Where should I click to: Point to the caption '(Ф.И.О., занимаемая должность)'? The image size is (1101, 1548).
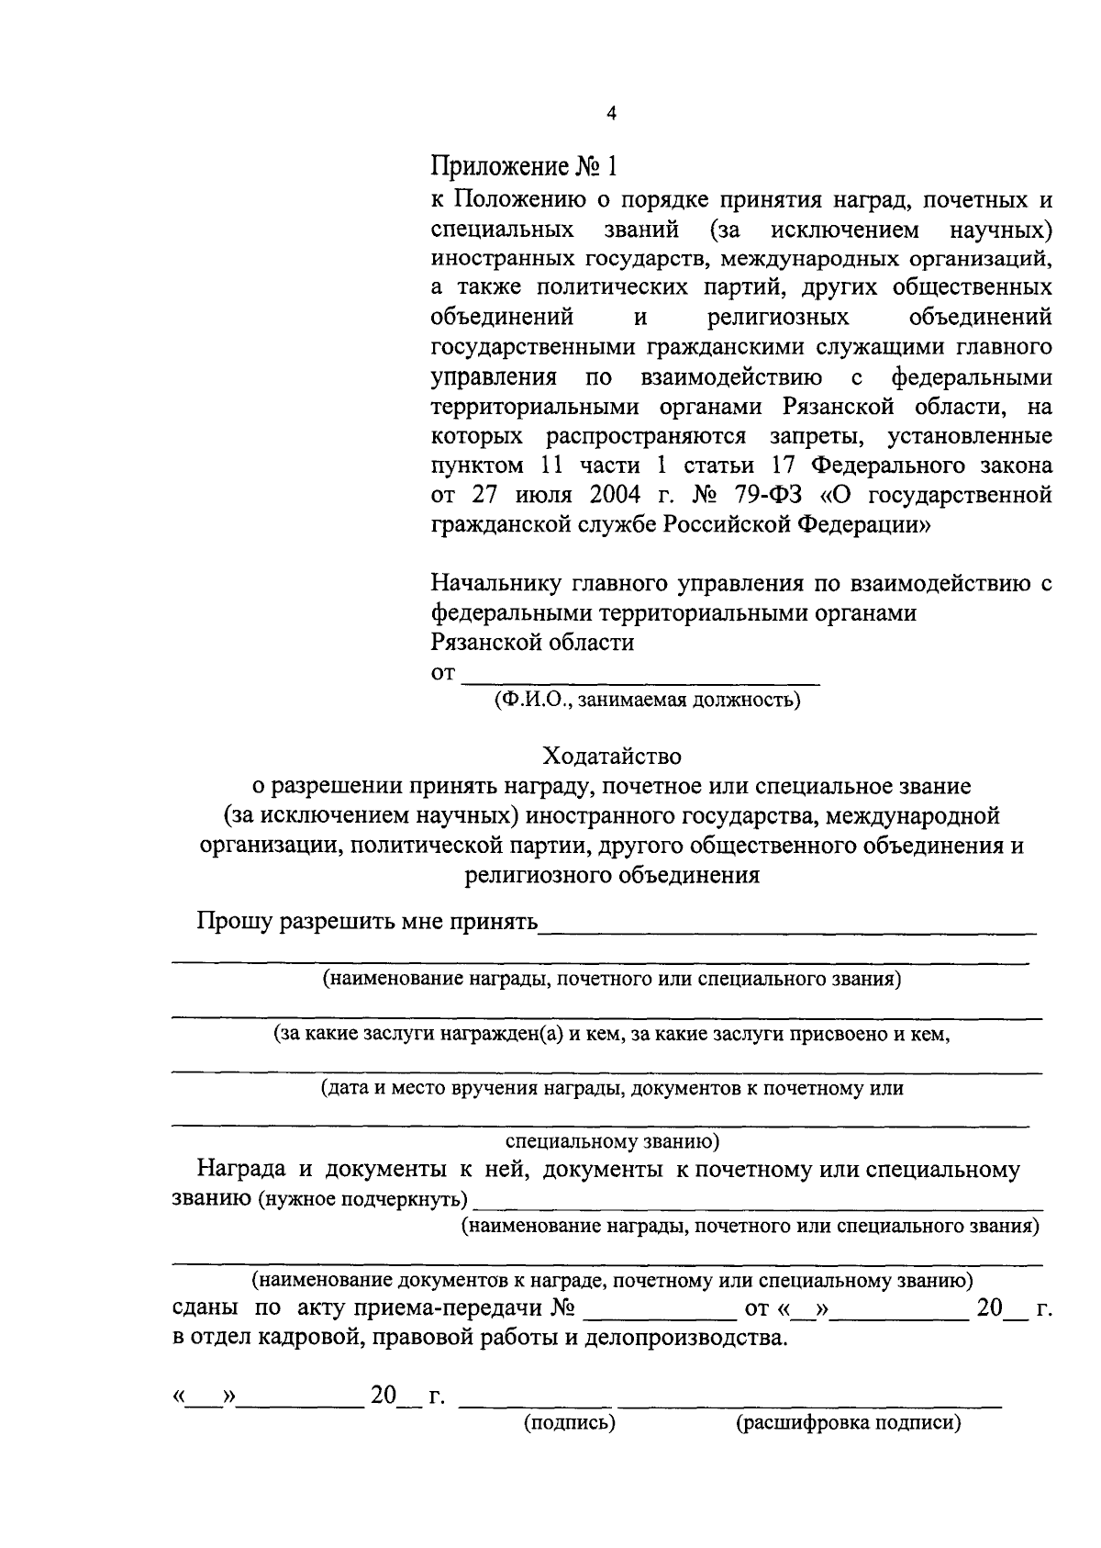click(x=646, y=701)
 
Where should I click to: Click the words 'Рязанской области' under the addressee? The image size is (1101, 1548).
click(x=532, y=643)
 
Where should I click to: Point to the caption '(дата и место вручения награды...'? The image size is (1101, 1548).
click(x=611, y=1089)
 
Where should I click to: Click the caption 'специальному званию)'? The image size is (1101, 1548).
click(x=612, y=1143)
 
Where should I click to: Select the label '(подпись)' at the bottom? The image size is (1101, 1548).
click(x=569, y=1425)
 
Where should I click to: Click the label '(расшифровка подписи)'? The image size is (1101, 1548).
click(x=848, y=1425)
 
